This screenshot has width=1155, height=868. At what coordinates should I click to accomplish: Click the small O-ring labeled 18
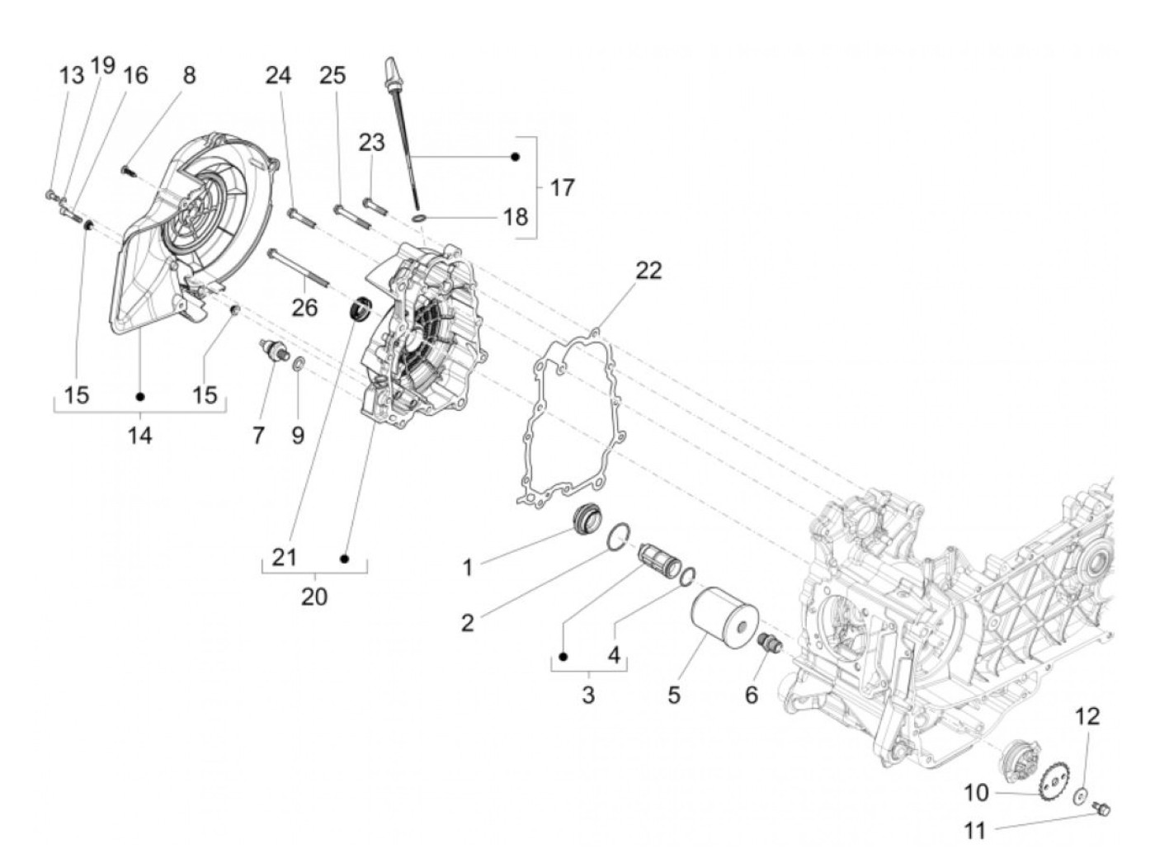(419, 218)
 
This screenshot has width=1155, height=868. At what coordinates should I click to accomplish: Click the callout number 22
(648, 271)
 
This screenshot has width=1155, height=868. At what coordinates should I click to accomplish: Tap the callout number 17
(562, 188)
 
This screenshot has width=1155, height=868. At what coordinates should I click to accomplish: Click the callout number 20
(313, 596)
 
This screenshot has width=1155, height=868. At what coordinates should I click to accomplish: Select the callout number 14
(139, 435)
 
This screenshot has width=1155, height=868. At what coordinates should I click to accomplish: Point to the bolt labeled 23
(373, 203)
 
